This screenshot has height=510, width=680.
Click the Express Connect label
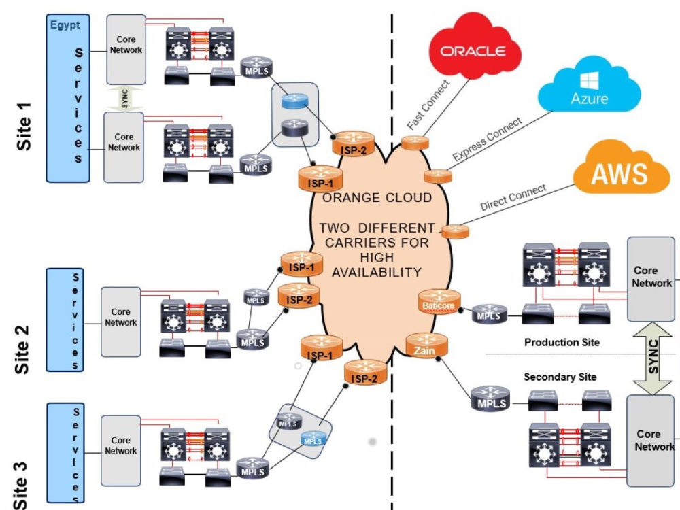[x=487, y=139]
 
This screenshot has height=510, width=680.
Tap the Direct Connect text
[x=513, y=197]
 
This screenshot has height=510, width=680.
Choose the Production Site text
[x=562, y=342]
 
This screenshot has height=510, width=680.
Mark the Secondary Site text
[x=560, y=376]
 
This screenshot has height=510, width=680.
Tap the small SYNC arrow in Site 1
[x=124, y=98]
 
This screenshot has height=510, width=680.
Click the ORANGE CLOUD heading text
[x=377, y=198]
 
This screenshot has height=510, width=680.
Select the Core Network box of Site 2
[x=121, y=321]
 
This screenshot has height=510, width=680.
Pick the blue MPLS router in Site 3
[x=312, y=439]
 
